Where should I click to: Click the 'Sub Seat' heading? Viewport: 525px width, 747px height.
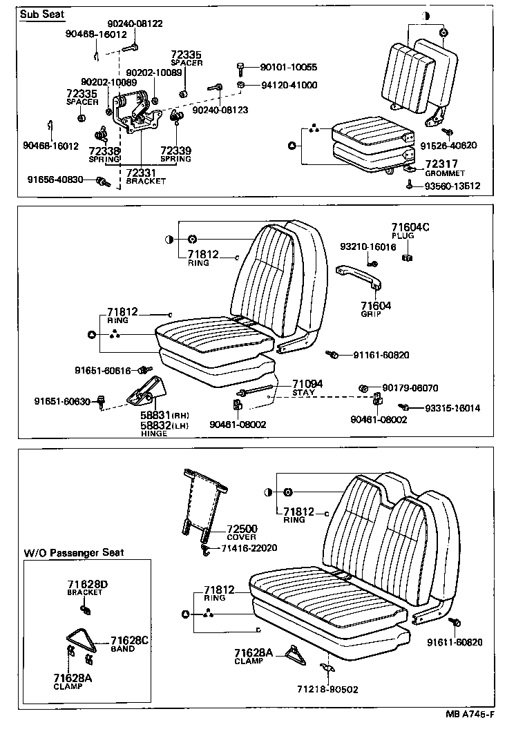tap(41, 14)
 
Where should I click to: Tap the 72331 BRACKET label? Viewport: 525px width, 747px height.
tap(146, 176)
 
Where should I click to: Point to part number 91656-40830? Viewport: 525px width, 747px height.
tap(55, 180)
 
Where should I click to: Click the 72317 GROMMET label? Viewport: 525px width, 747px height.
tap(445, 168)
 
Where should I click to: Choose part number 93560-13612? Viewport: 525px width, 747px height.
tap(452, 186)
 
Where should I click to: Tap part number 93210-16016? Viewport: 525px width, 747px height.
tap(368, 246)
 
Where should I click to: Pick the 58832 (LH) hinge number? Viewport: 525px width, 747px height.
tap(160, 426)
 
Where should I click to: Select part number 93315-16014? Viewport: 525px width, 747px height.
tap(452, 408)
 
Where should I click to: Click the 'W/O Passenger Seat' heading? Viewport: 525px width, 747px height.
tap(74, 552)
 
